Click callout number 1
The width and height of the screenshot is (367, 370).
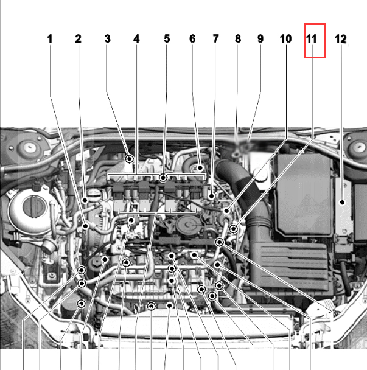[49, 39]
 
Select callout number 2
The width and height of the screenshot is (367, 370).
[79, 39]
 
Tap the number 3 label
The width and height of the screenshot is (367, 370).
[107, 39]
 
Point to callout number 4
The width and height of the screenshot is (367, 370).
[136, 39]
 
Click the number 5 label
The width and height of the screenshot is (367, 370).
[167, 39]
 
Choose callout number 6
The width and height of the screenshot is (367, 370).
[192, 39]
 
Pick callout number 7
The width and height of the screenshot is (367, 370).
[215, 39]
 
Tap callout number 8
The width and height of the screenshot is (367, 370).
[238, 39]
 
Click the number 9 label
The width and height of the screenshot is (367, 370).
[260, 39]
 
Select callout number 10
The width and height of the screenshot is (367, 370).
[285, 39]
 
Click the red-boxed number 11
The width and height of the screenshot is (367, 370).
[311, 39]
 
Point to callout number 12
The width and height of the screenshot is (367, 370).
[341, 39]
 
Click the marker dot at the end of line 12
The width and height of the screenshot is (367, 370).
[342, 202]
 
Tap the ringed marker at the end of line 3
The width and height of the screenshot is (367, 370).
[130, 159]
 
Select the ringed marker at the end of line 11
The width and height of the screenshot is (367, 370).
[234, 229]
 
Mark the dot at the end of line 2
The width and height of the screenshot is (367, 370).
[85, 201]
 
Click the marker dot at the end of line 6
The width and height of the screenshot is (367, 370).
[200, 168]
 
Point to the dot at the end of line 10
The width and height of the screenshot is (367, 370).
[226, 211]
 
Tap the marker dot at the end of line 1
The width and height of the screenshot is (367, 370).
[86, 226]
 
